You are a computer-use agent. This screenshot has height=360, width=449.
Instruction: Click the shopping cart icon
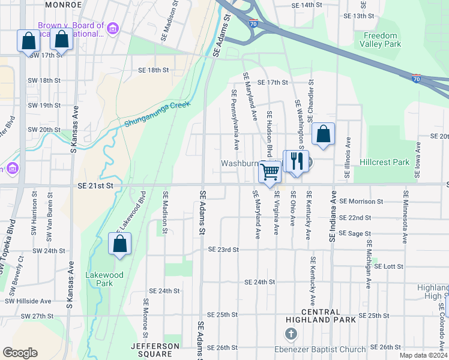(270, 172)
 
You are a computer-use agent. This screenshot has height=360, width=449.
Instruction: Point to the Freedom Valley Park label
(381, 40)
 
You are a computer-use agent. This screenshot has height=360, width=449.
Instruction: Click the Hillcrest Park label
(385, 163)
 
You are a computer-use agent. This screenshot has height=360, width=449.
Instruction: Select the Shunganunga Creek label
(157, 114)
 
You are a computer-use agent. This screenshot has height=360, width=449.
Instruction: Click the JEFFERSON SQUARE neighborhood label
(155, 350)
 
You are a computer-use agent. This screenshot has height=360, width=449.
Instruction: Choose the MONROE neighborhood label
(62, 4)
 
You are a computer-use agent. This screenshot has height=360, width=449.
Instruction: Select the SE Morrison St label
(361, 202)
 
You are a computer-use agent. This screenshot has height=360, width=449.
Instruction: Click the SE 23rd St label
(223, 250)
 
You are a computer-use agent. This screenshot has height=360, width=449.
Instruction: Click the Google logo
(20, 353)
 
